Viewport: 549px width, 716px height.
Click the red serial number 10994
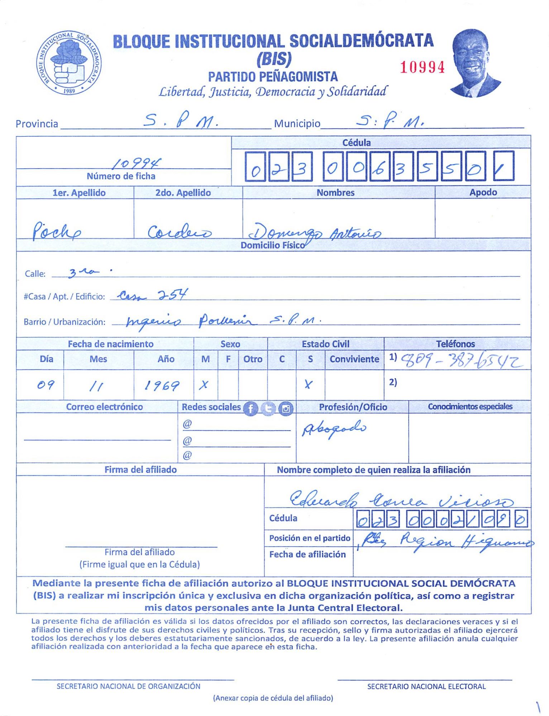(422, 67)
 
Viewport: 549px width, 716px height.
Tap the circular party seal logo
(69, 63)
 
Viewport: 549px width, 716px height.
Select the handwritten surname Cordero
(180, 232)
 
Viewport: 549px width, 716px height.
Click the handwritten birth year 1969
(162, 386)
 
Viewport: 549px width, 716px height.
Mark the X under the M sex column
(204, 385)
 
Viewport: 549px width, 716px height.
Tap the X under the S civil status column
(308, 384)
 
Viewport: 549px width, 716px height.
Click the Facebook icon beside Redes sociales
(250, 408)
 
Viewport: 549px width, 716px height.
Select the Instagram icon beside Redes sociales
(286, 408)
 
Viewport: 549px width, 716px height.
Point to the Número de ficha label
(121, 176)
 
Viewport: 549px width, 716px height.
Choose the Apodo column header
(483, 192)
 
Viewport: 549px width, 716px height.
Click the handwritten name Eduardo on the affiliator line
(324, 498)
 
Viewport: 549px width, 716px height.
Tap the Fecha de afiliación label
(307, 554)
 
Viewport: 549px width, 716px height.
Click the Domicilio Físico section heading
(273, 245)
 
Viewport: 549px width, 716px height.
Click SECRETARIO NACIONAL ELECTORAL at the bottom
(426, 686)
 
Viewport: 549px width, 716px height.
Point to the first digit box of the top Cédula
(255, 166)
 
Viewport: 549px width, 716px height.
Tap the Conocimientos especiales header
(470, 407)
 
